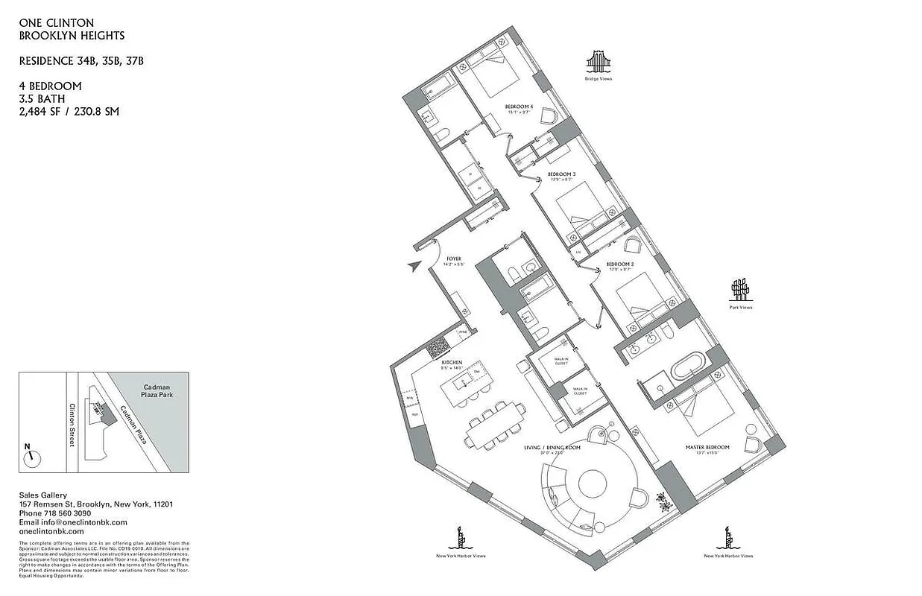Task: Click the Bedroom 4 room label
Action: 520,107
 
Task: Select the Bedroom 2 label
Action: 619,264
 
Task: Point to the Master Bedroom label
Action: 707,447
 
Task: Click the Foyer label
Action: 454,259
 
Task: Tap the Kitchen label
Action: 452,363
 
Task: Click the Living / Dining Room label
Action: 551,448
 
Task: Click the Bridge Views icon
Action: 598,61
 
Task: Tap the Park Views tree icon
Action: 739,288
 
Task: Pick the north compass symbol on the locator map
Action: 31,456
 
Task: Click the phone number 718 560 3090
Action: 55,513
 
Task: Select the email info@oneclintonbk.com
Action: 73,522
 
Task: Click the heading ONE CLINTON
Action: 56,23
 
